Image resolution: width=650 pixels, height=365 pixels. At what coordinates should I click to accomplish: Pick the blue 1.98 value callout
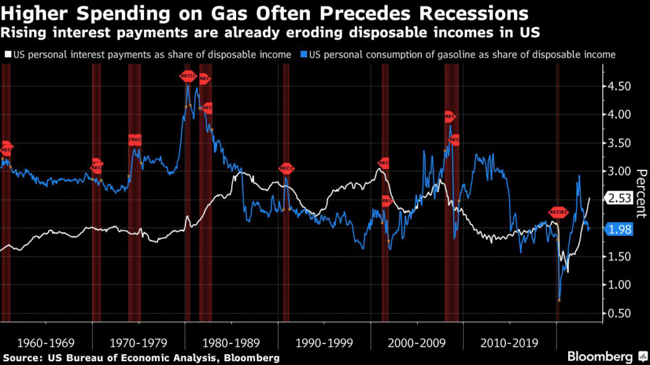[618, 230]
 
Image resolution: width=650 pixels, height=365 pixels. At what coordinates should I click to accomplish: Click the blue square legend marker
[305, 54]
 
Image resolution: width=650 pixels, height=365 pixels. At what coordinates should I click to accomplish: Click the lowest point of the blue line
[559, 300]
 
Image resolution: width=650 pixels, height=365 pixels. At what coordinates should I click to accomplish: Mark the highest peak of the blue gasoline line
[188, 84]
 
